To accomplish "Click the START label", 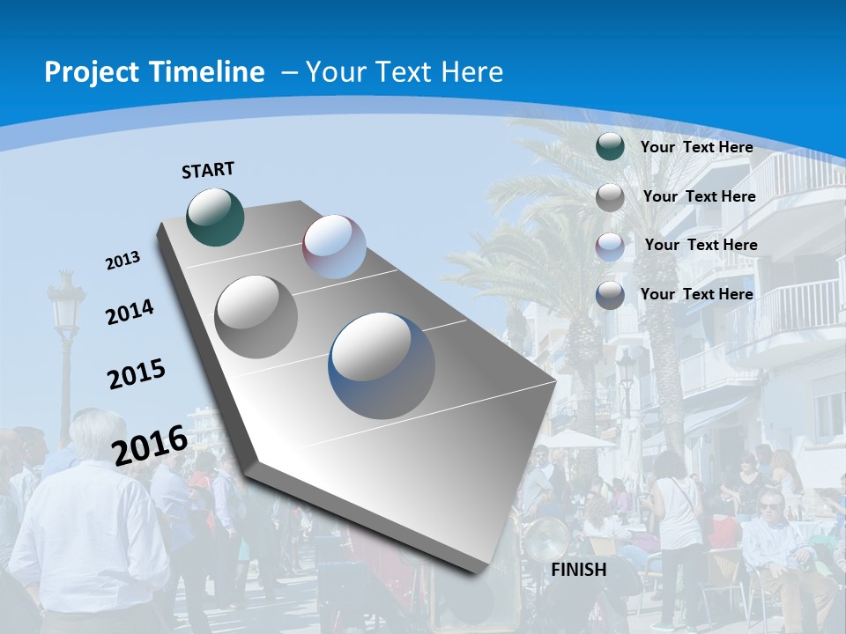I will click(x=208, y=170).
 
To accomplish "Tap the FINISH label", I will click(x=579, y=570).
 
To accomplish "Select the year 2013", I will click(x=122, y=261).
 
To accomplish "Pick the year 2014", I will click(x=130, y=312).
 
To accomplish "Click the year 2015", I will click(x=137, y=373).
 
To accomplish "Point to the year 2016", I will click(x=150, y=445).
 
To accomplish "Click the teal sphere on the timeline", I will click(x=215, y=217).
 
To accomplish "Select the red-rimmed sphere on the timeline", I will click(x=334, y=247).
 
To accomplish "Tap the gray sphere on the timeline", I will click(x=256, y=316).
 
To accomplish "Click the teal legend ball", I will click(x=610, y=147).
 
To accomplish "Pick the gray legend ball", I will click(x=610, y=197).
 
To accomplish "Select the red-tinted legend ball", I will click(x=610, y=246).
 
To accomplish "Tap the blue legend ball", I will click(x=610, y=295).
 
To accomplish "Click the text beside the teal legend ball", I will click(x=696, y=147).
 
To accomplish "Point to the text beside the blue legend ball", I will click(x=696, y=294).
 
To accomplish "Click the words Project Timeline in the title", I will click(x=154, y=72).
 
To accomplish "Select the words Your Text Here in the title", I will click(x=404, y=72).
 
